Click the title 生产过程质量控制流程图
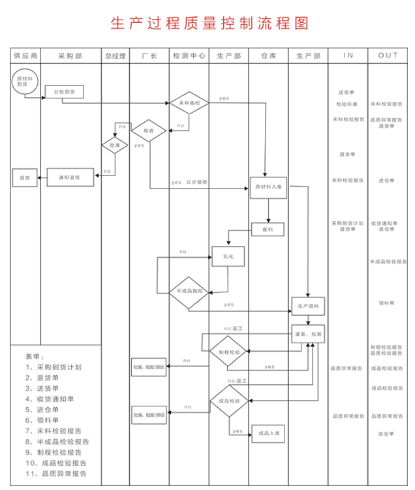[207, 23]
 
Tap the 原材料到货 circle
[24, 80]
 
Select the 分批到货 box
[64, 93]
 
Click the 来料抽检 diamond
[189, 103]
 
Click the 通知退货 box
[70, 177]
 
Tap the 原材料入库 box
[268, 187]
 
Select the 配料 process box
[268, 229]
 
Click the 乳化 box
[227, 256]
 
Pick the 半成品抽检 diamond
[189, 290]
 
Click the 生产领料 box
[307, 305]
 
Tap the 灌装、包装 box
[307, 333]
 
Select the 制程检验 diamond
[229, 352]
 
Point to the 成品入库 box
[268, 433]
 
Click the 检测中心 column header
[189, 56]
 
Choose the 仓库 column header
[268, 56]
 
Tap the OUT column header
[388, 56]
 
